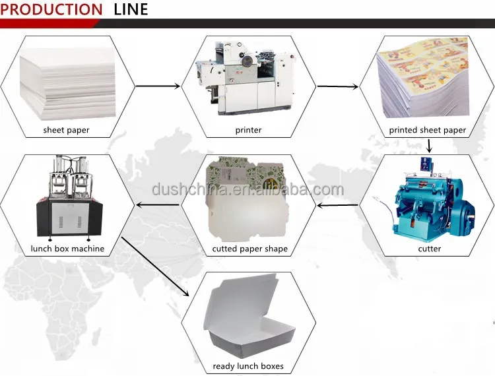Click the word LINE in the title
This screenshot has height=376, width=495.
click(x=131, y=10)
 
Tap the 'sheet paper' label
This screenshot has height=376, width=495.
click(x=66, y=130)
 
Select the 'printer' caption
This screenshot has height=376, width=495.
click(x=248, y=130)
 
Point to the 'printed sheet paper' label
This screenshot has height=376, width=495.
click(x=427, y=130)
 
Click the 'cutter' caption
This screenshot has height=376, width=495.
click(x=429, y=249)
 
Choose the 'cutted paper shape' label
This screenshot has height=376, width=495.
click(x=249, y=249)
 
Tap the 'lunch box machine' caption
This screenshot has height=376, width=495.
click(x=67, y=249)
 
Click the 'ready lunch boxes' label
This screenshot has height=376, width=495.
click(x=248, y=365)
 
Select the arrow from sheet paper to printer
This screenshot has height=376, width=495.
click(x=158, y=86)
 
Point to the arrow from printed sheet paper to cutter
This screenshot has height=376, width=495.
click(x=429, y=146)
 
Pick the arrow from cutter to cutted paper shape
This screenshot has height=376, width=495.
click(x=337, y=205)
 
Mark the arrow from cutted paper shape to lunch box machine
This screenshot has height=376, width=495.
click(x=157, y=205)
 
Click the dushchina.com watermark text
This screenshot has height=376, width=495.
click(x=247, y=191)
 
